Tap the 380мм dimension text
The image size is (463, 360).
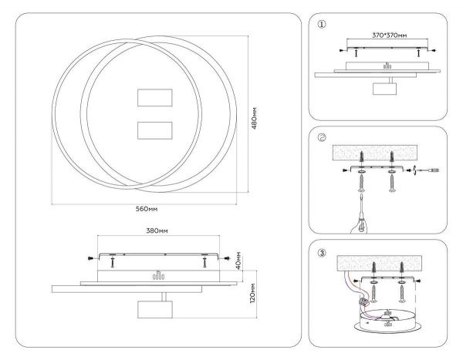pos(157,230)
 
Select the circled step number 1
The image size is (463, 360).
pos(322,25)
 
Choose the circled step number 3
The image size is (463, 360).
pos(322,252)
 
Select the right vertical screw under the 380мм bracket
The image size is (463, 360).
pos(204,262)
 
